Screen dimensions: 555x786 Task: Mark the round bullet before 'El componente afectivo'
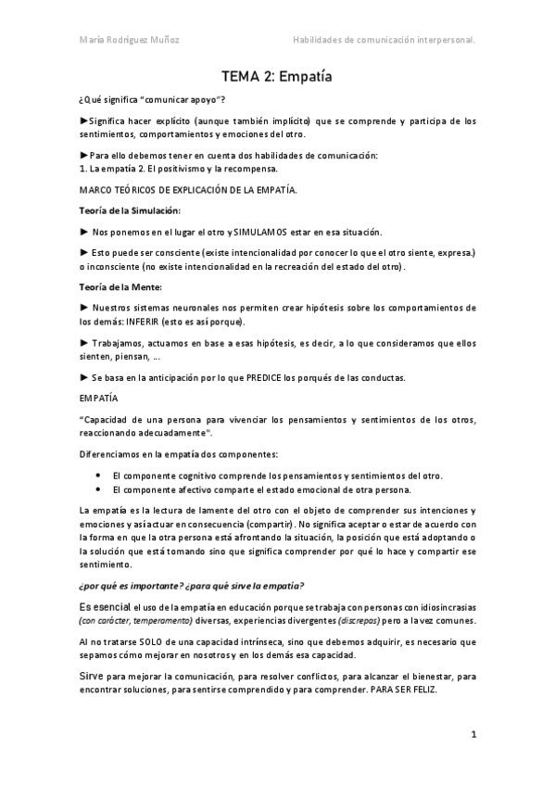pos(98,489)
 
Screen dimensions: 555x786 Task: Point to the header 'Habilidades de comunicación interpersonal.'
pos(385,40)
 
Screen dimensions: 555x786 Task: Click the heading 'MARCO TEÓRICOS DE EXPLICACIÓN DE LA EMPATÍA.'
pos(189,189)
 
